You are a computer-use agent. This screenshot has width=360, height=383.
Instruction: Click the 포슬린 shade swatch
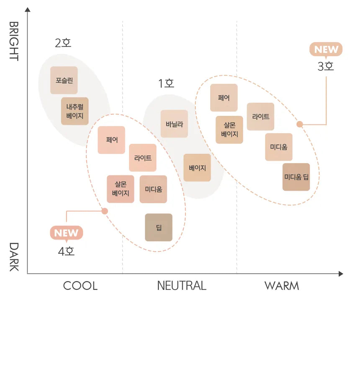[x=64, y=80]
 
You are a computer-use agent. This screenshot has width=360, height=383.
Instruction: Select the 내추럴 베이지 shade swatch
[x=75, y=111]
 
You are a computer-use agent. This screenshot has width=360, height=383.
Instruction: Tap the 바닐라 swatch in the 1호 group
[x=174, y=124]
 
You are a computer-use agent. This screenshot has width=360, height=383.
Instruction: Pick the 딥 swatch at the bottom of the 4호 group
[x=159, y=227]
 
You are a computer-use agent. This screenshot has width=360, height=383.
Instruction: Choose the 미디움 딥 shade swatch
[x=296, y=177]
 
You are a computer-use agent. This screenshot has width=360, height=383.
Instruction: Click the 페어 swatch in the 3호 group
[x=224, y=98]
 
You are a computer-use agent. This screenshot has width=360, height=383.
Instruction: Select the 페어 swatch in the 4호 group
[x=111, y=140]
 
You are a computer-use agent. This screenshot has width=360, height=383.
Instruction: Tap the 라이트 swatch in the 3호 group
[x=260, y=117]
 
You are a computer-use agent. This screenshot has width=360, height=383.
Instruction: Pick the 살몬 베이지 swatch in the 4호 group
[x=121, y=189]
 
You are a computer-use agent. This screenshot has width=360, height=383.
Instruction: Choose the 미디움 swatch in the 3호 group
[x=278, y=147]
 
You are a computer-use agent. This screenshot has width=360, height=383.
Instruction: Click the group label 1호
[x=166, y=84]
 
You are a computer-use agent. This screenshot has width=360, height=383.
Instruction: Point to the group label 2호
[x=63, y=43]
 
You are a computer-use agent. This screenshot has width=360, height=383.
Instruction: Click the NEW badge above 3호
[x=326, y=49]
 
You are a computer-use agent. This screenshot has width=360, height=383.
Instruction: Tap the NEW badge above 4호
[x=66, y=233]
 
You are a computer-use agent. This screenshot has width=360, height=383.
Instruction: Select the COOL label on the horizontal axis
[x=80, y=286]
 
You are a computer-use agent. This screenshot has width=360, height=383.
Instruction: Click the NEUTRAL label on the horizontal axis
[x=181, y=286]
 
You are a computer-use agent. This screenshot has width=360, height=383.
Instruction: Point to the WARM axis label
[x=281, y=286]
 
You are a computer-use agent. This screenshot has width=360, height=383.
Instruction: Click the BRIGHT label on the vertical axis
[x=14, y=41]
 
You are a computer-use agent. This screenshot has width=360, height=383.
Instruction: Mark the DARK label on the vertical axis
[x=14, y=256]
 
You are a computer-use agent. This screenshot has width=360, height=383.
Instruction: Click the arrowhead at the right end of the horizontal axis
[x=340, y=274]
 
